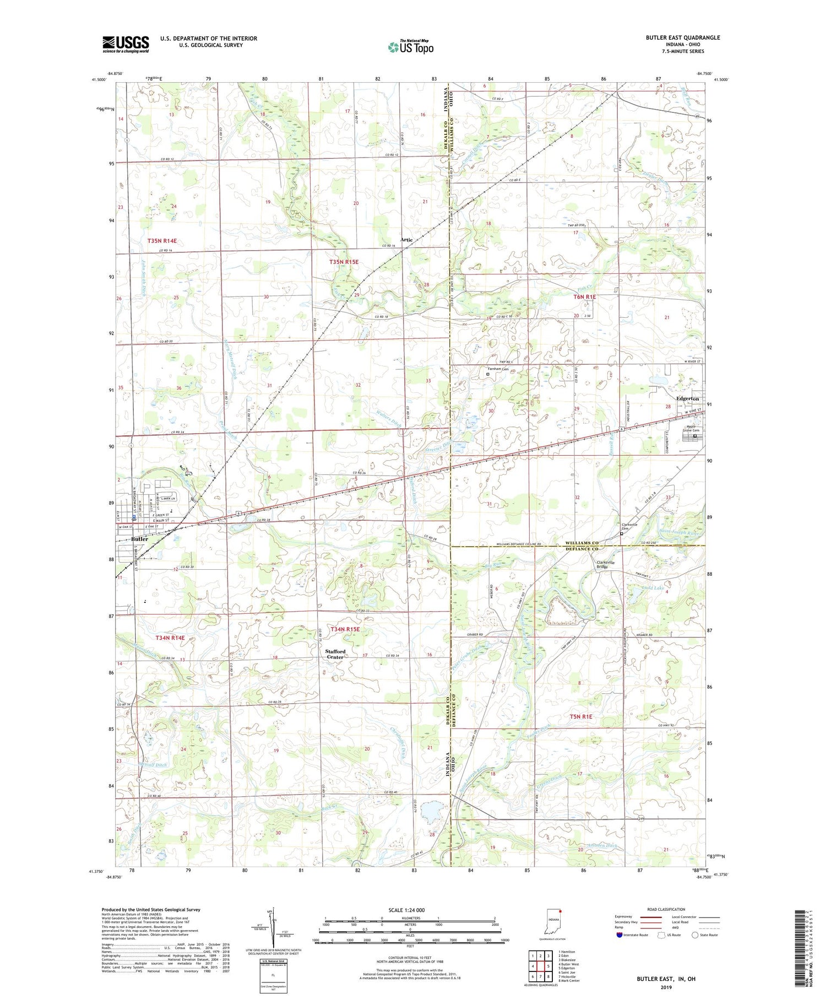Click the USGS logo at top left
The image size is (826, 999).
pyautogui.click(x=126, y=44)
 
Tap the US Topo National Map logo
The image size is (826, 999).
pyautogui.click(x=410, y=47)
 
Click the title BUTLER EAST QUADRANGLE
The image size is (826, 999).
pyautogui.click(x=682, y=37)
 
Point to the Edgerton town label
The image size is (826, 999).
pyautogui.click(x=687, y=398)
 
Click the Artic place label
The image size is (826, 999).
pyautogui.click(x=406, y=240)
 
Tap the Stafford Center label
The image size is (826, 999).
pyautogui.click(x=335, y=654)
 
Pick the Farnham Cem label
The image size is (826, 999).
pyautogui.click(x=497, y=369)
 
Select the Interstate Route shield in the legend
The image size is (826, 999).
pyautogui.click(x=619, y=935)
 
